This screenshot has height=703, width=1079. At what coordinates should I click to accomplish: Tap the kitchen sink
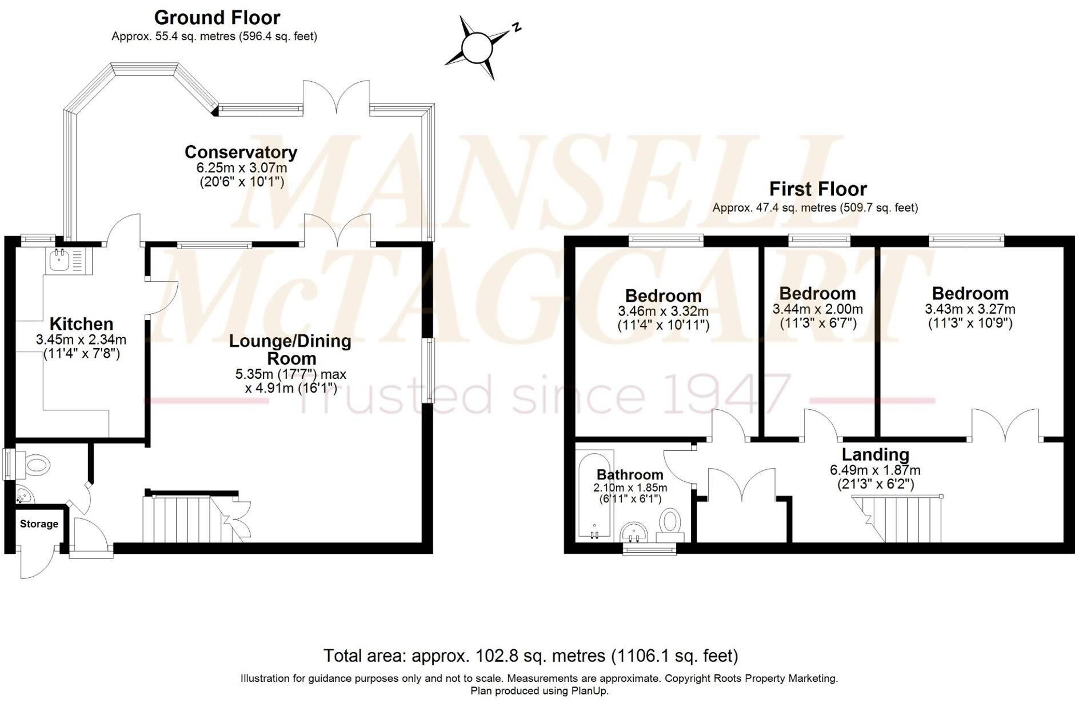(59, 261)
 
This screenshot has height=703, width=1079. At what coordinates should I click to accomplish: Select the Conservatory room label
(241, 152)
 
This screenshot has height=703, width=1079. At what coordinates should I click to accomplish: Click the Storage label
(39, 524)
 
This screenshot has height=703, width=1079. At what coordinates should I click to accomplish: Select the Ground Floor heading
(217, 17)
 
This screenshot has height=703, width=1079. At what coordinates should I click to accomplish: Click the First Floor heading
(818, 189)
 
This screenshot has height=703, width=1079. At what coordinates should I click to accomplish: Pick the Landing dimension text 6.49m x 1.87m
(875, 470)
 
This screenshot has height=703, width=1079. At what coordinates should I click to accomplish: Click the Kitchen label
(81, 323)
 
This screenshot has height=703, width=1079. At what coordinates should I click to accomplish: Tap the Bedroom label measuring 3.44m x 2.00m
(817, 293)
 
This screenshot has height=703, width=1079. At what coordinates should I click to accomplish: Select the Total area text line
(531, 655)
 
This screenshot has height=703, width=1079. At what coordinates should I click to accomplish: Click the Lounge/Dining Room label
(290, 349)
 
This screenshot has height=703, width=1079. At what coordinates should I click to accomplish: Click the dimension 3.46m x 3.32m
(663, 311)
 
